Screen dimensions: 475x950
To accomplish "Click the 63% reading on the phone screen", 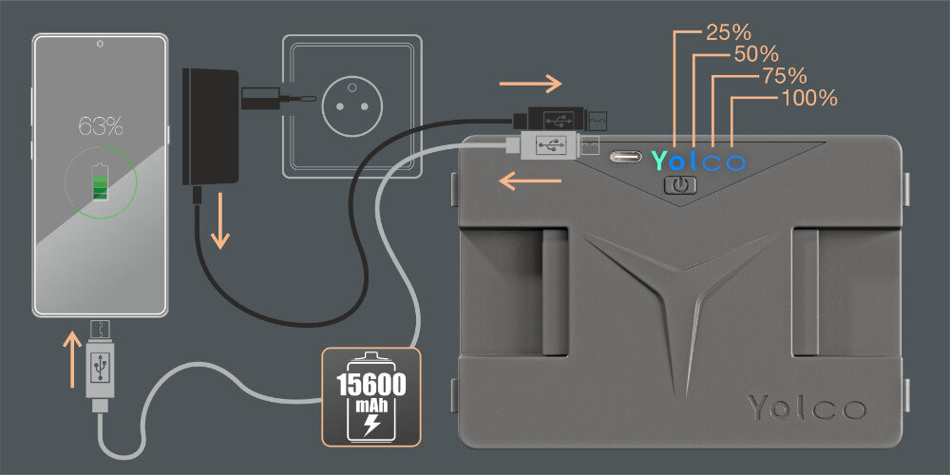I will (x=100, y=125).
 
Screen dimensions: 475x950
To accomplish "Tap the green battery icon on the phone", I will (x=100, y=182).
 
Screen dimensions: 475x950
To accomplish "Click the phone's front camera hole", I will (x=100, y=45).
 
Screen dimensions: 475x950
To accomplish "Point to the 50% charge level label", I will (x=757, y=53).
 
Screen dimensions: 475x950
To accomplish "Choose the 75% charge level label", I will (x=784, y=75).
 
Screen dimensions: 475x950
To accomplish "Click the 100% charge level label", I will (x=808, y=98).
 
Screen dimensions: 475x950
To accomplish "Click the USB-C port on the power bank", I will (x=626, y=157).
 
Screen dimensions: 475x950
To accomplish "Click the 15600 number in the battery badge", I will (x=372, y=386).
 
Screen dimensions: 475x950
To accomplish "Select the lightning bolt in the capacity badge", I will (x=372, y=424).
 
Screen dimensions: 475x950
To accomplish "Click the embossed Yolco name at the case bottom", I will (x=807, y=408).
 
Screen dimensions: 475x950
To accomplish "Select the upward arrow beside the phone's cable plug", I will (x=72, y=359).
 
